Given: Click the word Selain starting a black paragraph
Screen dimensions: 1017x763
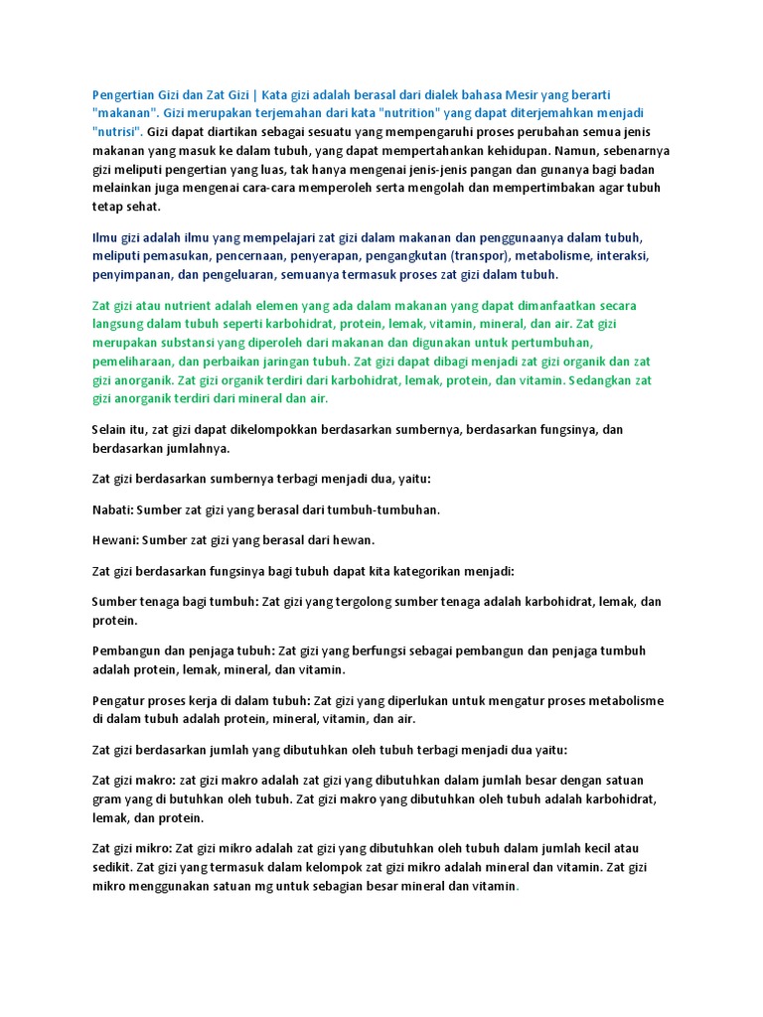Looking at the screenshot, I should click(x=111, y=429).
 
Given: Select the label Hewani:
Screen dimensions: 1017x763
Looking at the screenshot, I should click(x=115, y=540).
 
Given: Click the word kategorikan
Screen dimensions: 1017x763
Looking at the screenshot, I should click(x=424, y=571).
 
